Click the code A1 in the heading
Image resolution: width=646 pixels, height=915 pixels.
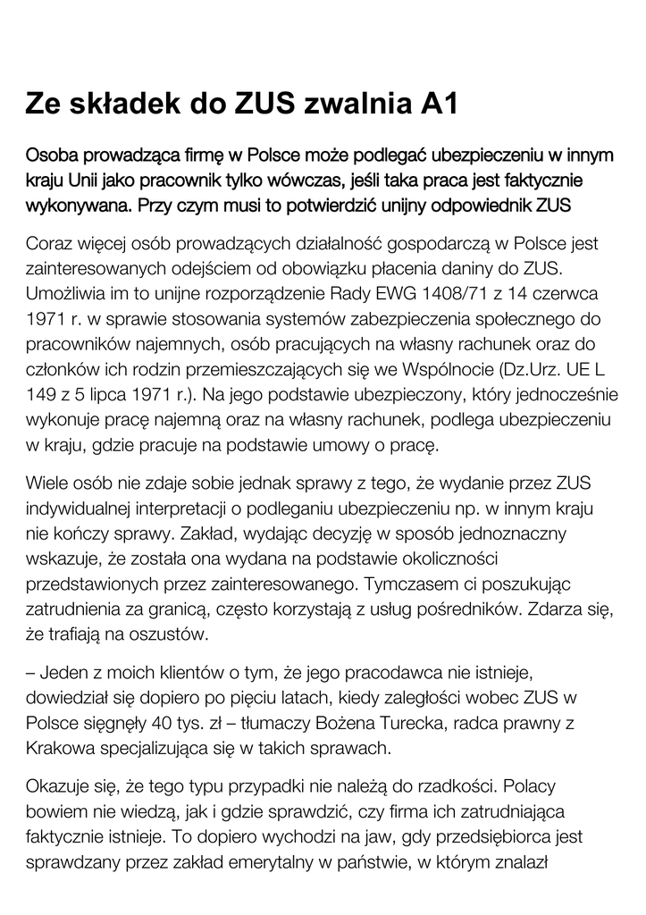coord(439,104)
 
